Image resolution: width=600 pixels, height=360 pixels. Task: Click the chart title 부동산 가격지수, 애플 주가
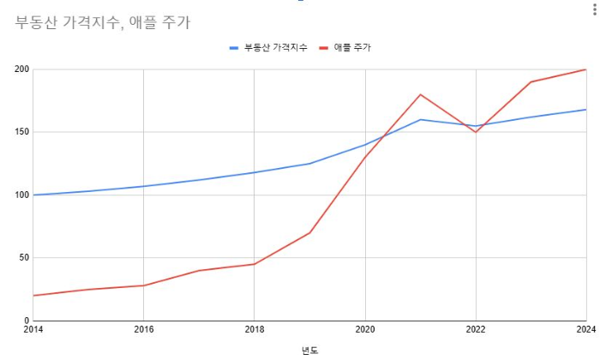coord(102,23)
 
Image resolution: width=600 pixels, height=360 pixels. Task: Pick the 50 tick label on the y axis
coord(21,258)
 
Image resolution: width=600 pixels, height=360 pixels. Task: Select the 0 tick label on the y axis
coord(25,321)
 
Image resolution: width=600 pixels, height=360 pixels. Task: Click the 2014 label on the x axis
coord(33,330)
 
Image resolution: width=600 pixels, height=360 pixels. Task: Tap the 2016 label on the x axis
coord(143,330)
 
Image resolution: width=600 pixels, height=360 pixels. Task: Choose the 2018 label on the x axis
coord(254,330)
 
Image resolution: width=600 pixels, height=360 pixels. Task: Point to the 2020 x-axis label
coord(365,330)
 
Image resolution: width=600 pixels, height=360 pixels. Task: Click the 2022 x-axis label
coord(476,330)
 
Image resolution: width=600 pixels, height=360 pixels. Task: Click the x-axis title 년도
coord(309,350)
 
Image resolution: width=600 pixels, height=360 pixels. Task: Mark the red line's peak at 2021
coord(420,94)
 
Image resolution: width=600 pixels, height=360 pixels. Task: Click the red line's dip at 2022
coord(476,132)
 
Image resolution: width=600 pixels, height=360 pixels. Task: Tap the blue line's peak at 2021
coord(420,119)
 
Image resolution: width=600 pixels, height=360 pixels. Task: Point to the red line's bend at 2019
coord(309,232)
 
